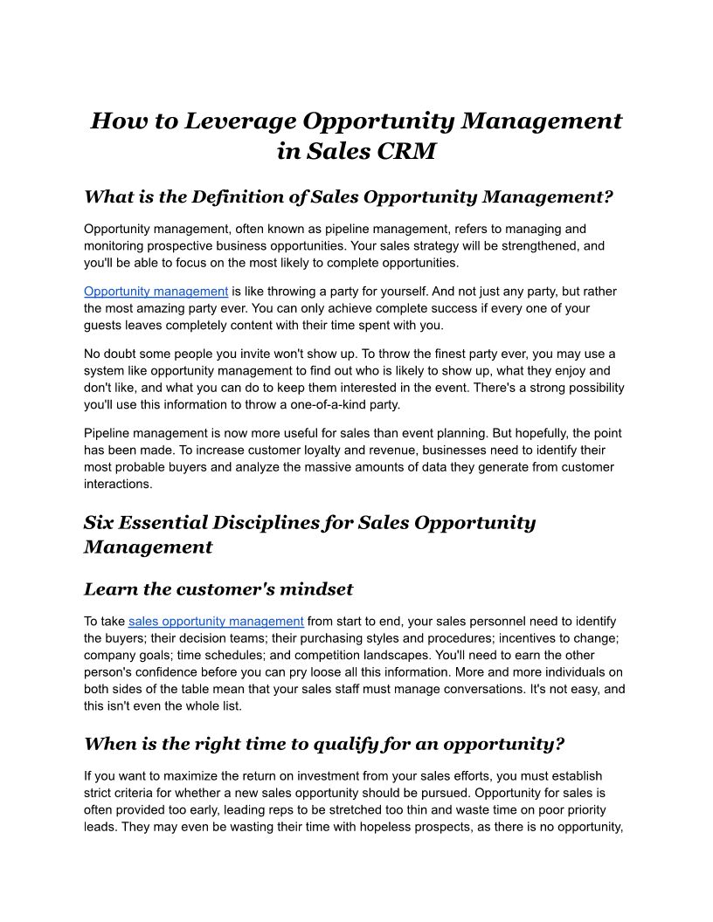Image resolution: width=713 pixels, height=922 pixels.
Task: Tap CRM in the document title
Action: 403,151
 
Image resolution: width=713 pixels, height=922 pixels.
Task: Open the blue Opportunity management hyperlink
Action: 156,292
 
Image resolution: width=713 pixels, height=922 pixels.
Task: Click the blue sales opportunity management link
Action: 216,622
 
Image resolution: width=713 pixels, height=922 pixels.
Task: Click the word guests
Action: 103,325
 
